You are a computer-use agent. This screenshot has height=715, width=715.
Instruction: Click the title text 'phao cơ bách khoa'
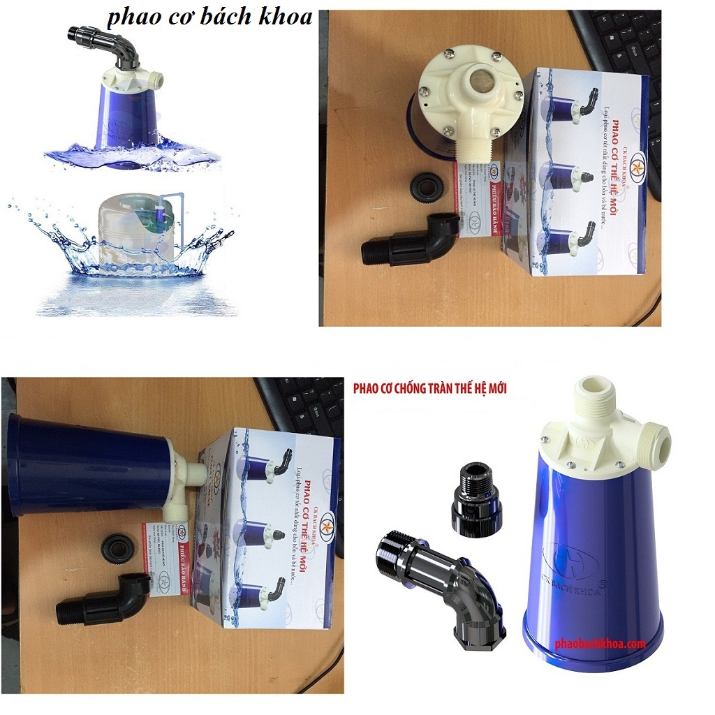click(x=209, y=17)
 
